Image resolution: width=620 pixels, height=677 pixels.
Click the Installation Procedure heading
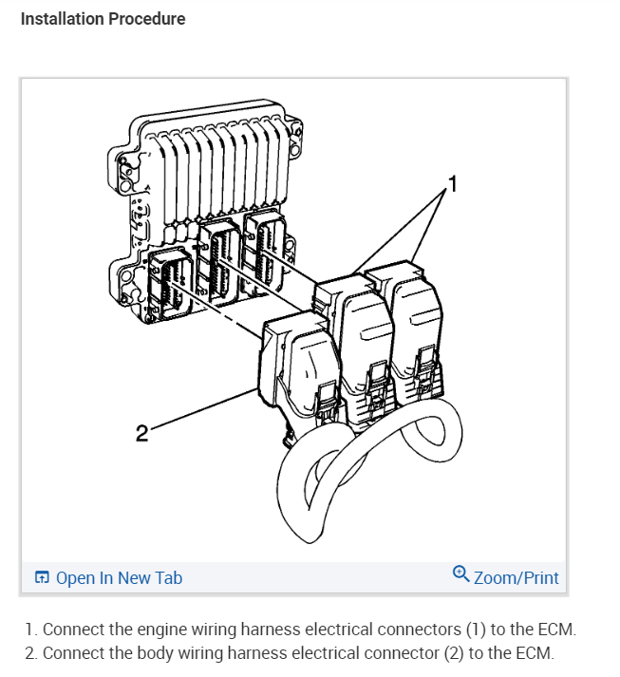click(x=103, y=19)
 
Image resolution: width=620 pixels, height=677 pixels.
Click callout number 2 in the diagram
click(x=141, y=434)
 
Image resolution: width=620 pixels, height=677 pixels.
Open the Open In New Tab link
click(x=119, y=577)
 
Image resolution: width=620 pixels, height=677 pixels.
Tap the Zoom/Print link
click(x=516, y=577)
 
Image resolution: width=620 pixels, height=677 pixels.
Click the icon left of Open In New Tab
click(x=42, y=577)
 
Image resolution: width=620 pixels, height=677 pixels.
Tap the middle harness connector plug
click(x=360, y=342)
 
